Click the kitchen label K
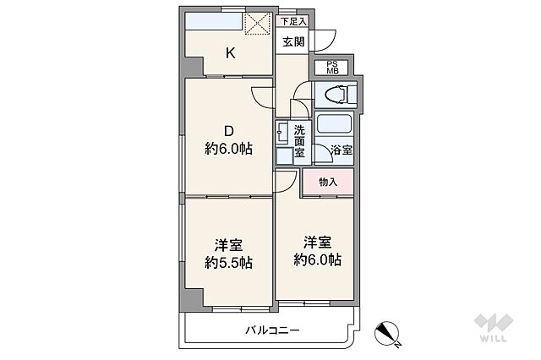pos(229,53)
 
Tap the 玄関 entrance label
pos(293,41)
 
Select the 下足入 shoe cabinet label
pos(293,20)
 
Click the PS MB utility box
pos(331,68)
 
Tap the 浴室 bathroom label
pos(342,150)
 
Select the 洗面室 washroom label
pos(299,142)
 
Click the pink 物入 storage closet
pos(328,183)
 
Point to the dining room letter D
pos(228,131)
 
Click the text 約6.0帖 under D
pos(228,150)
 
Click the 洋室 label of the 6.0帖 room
pos(317,239)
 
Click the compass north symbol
pos(389,334)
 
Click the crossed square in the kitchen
pos(257,22)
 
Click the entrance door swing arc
pos(326,40)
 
